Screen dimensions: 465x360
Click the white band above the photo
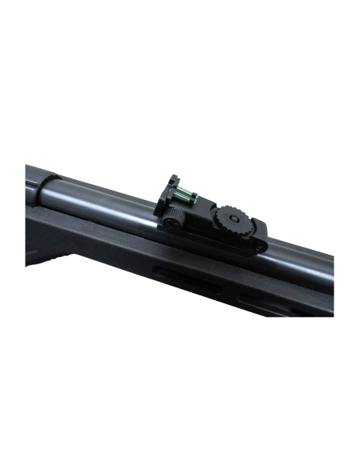[180, 64]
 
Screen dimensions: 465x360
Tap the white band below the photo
[180, 398]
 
